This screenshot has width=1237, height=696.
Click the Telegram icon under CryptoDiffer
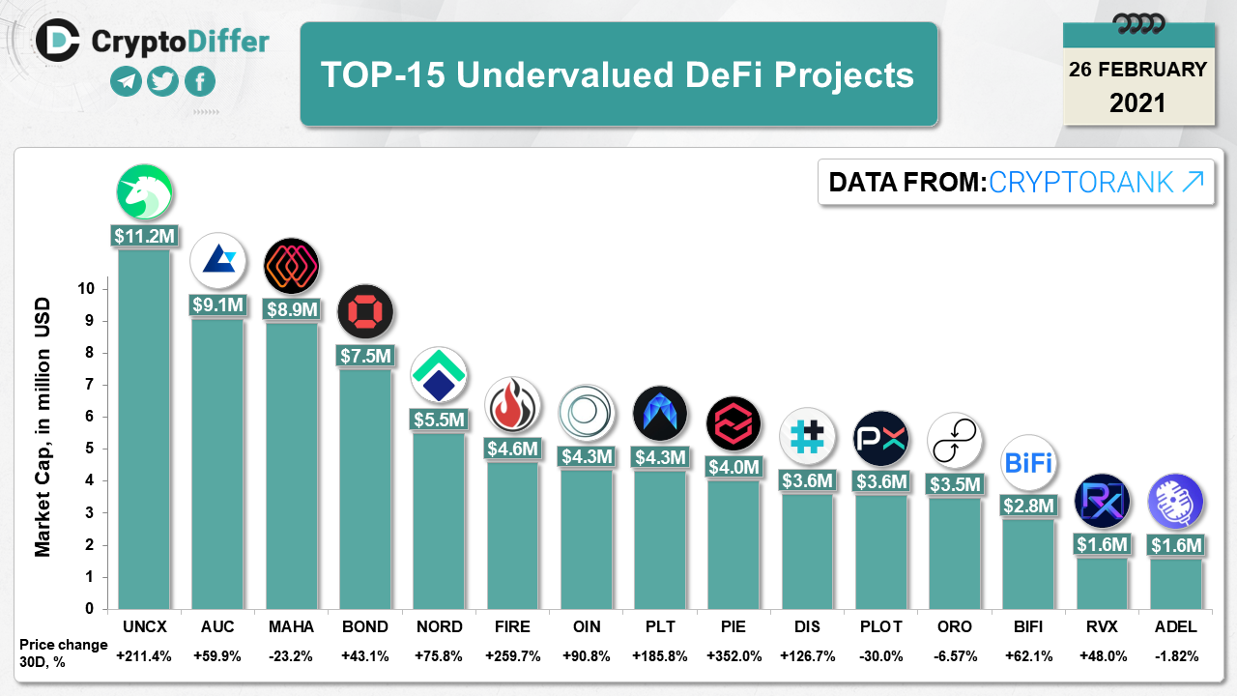pyautogui.click(x=126, y=82)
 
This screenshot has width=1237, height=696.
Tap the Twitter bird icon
pyautogui.click(x=163, y=82)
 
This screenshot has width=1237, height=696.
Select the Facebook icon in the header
pyautogui.click(x=200, y=82)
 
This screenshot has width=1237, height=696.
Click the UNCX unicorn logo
pyautogui.click(x=144, y=191)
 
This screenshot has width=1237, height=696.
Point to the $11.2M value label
pyautogui.click(x=144, y=235)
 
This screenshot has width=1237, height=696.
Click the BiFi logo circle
pyautogui.click(x=1028, y=462)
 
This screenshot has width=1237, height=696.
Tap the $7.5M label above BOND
pyautogui.click(x=365, y=356)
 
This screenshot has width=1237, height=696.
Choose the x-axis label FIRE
pyautogui.click(x=512, y=626)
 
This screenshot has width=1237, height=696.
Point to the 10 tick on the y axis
pyautogui.click(x=87, y=288)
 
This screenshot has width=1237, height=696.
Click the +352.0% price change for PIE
pyautogui.click(x=734, y=655)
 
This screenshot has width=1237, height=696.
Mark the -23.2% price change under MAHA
pyautogui.click(x=291, y=655)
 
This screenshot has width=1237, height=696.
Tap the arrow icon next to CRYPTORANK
pyautogui.click(x=1194, y=181)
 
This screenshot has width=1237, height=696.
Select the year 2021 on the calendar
pyautogui.click(x=1137, y=102)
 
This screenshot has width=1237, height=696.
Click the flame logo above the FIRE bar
pyautogui.click(x=512, y=405)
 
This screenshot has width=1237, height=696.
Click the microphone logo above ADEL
pyautogui.click(x=1175, y=502)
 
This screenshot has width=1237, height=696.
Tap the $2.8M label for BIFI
pyautogui.click(x=1028, y=506)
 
